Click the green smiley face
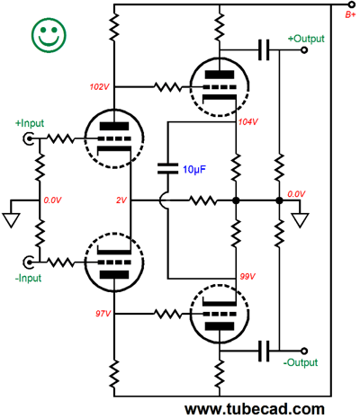tap(49, 35)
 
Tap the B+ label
tap(350, 14)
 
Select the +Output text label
tap(306, 39)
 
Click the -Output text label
tap(301, 362)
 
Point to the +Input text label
tap(30, 123)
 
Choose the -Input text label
tap(28, 278)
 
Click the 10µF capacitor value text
tap(194, 170)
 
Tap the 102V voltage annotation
tap(100, 87)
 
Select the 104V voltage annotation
tap(248, 122)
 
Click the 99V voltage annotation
tap(247, 276)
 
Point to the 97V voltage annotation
tap(103, 314)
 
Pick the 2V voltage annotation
tap(121, 200)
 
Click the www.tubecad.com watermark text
tap(255, 409)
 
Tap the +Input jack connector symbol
tap(28, 138)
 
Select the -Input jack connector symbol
tap(28, 262)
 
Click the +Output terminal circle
tap(304, 50)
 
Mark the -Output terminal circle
tap(304, 351)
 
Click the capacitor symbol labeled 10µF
tap(167, 168)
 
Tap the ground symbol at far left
tap(11, 220)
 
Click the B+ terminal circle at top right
tap(351, 4)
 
